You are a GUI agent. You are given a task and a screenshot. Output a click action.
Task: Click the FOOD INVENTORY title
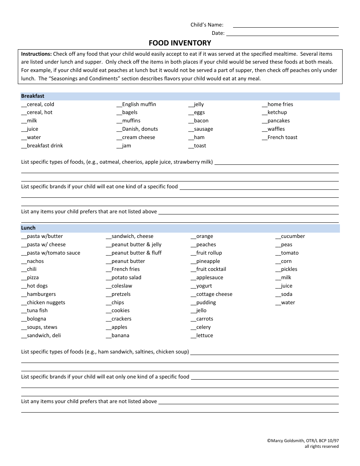(180, 43)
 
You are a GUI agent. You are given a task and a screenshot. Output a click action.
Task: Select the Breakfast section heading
(33, 96)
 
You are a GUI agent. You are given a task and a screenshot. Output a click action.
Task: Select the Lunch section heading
(28, 228)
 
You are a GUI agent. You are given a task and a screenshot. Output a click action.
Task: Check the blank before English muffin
(119, 105)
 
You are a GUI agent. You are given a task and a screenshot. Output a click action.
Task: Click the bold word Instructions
(36, 54)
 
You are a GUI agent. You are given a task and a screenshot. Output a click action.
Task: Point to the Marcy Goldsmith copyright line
(303, 441)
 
